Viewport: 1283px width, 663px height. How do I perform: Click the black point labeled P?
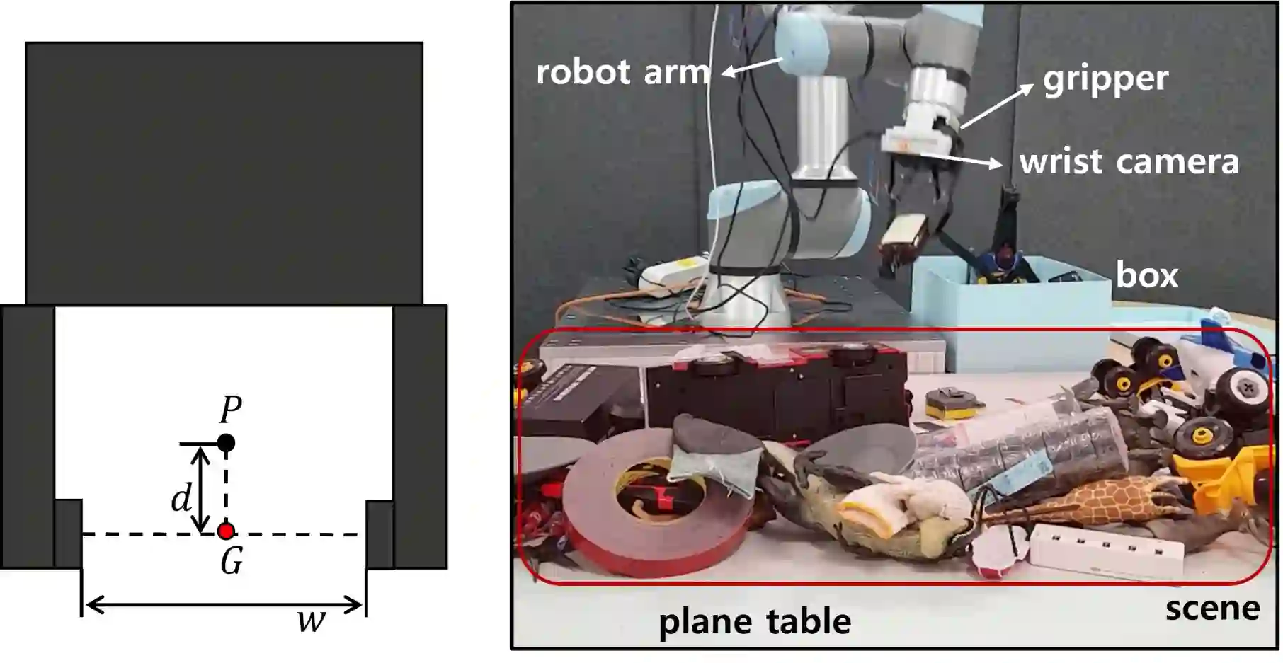pos(226,443)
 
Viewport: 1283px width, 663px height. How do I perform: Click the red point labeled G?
pos(226,531)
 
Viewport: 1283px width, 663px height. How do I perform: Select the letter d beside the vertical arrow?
pos(181,498)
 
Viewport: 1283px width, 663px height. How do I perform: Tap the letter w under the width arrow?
pos(311,622)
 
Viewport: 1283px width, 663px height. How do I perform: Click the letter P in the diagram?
pos(231,410)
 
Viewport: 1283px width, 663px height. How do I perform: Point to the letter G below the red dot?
pos(232,563)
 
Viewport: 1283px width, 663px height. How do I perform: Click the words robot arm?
pos(622,72)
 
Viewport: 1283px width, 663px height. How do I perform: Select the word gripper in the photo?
pos(1105,80)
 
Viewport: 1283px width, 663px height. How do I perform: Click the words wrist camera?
pos(1129,162)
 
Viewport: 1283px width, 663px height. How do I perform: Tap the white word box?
pos(1146,275)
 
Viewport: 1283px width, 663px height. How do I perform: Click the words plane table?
pos(755,622)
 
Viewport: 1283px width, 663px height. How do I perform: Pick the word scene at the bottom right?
pos(1212,609)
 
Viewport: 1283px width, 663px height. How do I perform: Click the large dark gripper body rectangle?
pos(224,173)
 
